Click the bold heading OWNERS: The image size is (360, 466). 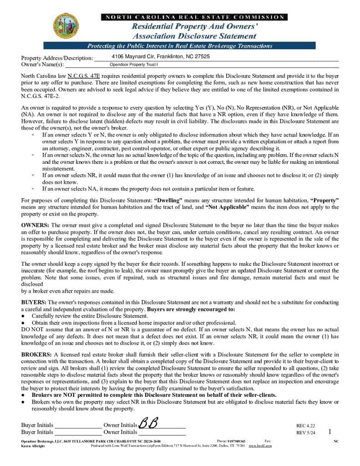(x=35, y=225)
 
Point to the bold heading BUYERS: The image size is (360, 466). (x=34, y=303)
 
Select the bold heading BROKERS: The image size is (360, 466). (x=37, y=354)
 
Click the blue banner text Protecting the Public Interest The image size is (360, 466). (x=180, y=46)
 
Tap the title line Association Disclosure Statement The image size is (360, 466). (x=194, y=35)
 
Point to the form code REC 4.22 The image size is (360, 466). (x=306, y=426)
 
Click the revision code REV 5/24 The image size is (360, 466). (x=306, y=433)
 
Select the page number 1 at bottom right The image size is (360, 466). (x=330, y=432)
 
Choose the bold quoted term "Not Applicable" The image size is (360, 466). (x=227, y=207)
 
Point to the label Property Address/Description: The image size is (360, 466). (x=57, y=58)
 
